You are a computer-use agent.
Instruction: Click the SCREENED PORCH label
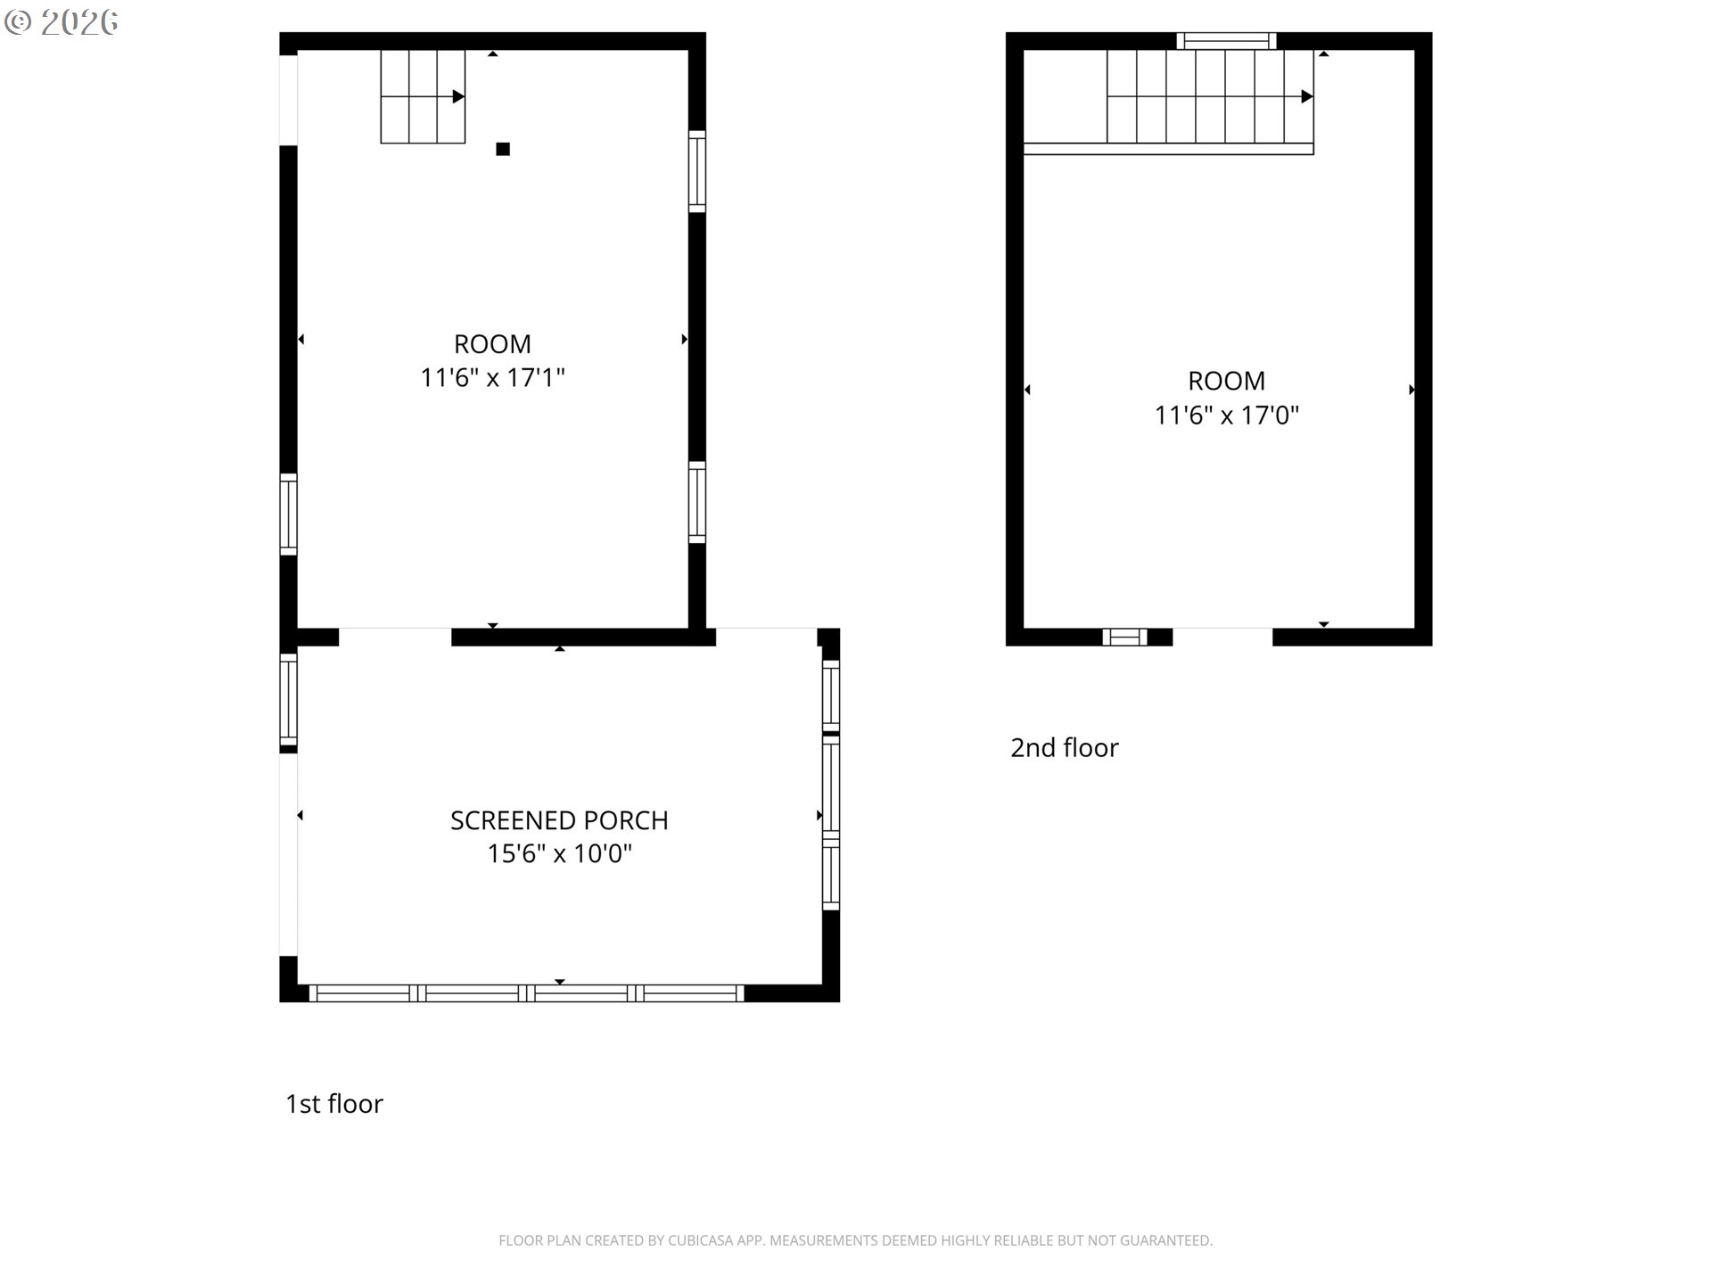tap(559, 820)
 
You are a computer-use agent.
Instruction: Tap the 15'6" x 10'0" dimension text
tap(559, 854)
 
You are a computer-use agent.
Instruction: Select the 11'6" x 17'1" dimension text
tap(492, 378)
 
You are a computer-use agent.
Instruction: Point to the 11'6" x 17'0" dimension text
tap(1227, 416)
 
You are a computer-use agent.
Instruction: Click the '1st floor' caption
tap(334, 1104)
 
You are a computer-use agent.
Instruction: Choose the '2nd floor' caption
tap(1065, 747)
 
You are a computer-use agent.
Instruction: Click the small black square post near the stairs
tap(503, 149)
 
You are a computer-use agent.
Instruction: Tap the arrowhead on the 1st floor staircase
tap(458, 96)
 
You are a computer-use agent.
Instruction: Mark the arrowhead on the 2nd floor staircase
tap(1307, 96)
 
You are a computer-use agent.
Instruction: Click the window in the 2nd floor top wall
tap(1226, 41)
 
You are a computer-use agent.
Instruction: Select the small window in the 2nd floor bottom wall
tap(1124, 637)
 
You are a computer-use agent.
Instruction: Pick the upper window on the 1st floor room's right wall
tap(697, 171)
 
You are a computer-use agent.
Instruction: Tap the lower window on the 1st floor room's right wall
tap(697, 502)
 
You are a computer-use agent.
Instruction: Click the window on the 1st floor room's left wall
tap(288, 514)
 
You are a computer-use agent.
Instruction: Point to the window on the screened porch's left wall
tap(288, 700)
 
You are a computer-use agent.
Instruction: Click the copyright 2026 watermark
tap(62, 22)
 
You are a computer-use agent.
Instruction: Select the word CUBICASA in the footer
tap(699, 1240)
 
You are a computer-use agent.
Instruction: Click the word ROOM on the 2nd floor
tap(1227, 381)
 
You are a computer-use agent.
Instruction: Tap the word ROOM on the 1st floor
tap(492, 344)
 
